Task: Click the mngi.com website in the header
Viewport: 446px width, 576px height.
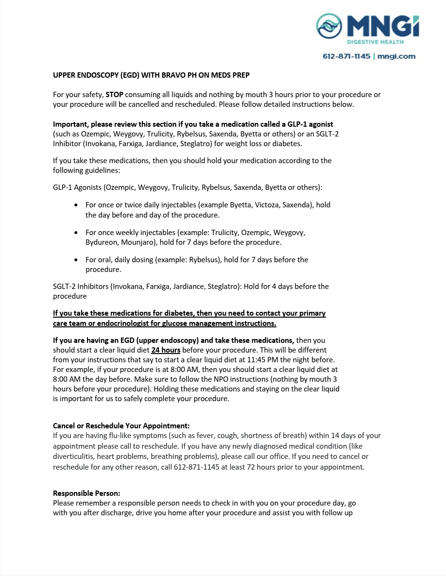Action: click(x=396, y=56)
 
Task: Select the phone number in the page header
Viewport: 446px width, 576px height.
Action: click(x=347, y=56)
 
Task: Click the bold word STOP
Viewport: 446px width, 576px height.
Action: click(x=114, y=95)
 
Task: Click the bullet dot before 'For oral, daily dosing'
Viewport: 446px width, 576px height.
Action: click(x=76, y=260)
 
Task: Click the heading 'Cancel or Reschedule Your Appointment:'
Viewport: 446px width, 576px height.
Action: click(x=121, y=426)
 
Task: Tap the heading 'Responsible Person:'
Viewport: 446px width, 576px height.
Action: click(x=86, y=493)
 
